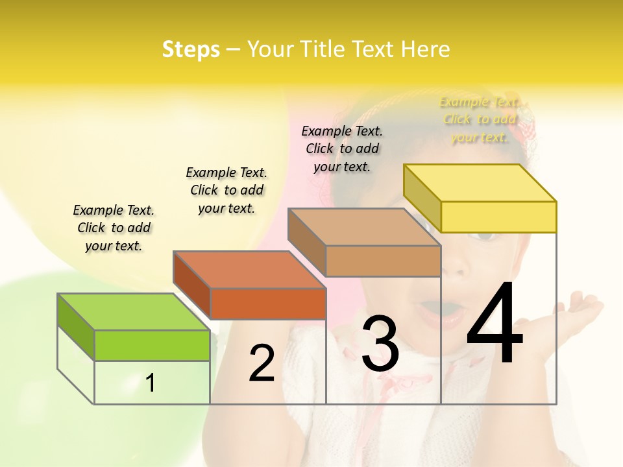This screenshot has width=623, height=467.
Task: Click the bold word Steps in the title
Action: (x=191, y=49)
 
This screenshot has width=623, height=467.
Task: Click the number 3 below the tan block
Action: (x=380, y=344)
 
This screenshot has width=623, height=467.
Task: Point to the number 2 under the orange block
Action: (x=262, y=363)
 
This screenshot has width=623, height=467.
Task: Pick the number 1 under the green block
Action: (x=151, y=383)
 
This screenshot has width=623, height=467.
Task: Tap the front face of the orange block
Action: (x=268, y=304)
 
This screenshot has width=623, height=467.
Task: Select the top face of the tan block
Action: (x=363, y=227)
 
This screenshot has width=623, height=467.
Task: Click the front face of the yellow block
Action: (x=498, y=217)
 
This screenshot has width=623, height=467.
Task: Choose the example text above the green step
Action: (x=114, y=228)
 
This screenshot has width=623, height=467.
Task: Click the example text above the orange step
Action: (x=226, y=190)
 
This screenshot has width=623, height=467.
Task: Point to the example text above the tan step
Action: (x=342, y=149)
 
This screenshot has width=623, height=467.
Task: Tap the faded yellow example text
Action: (x=480, y=119)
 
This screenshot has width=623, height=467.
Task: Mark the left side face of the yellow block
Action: (x=422, y=198)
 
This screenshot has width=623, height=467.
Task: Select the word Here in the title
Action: (x=426, y=49)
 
